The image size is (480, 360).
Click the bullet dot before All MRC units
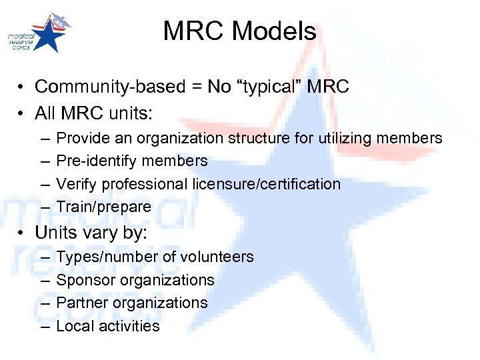[x=22, y=114]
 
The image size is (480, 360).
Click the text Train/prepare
[x=104, y=207]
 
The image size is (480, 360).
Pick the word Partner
[x=79, y=303]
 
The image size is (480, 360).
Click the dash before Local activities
[x=43, y=326]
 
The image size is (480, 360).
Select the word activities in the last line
[x=129, y=326]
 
